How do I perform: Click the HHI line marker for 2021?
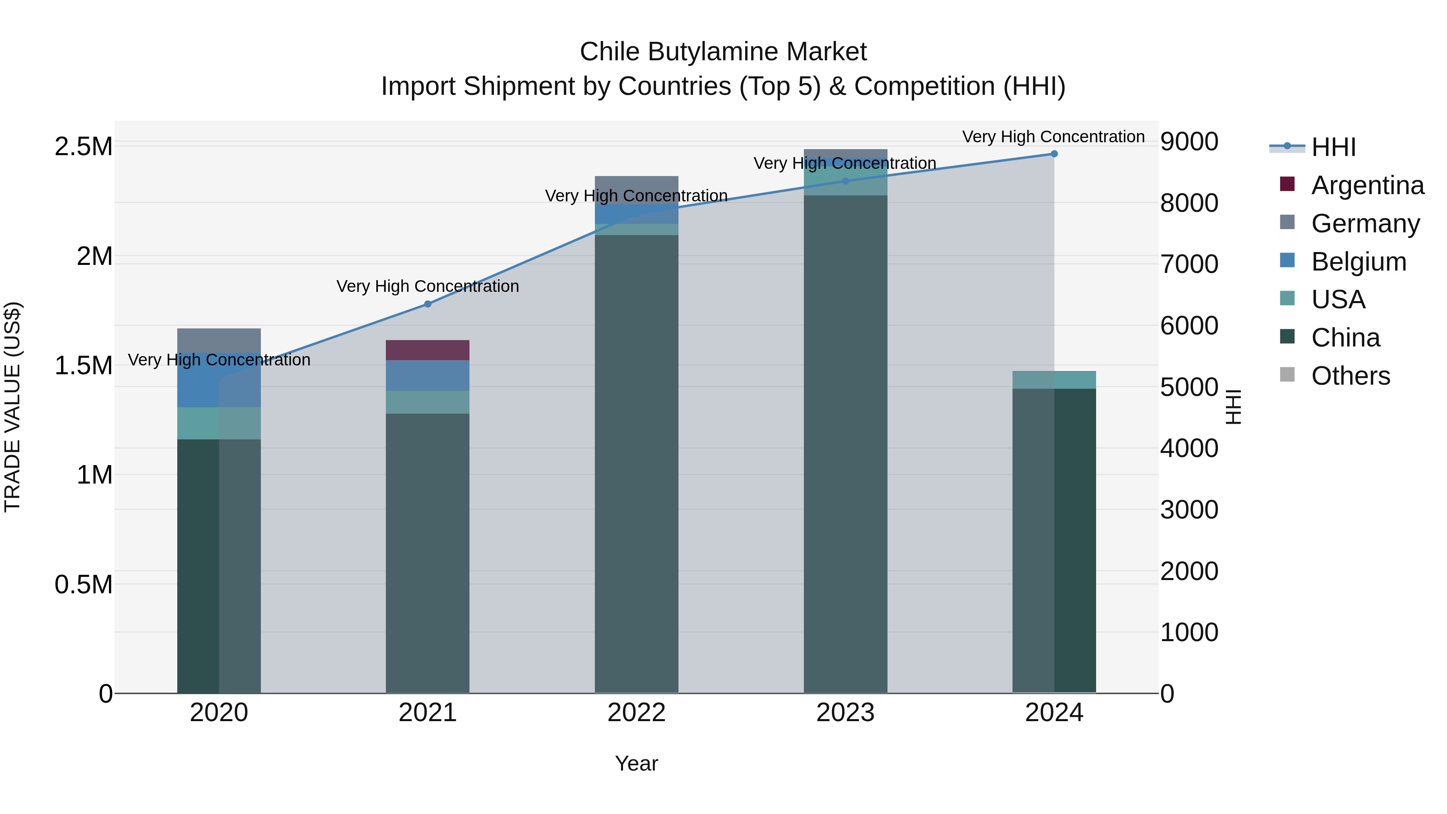tap(428, 304)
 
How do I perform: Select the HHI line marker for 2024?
tap(1054, 154)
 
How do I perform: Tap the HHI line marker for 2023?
tap(845, 181)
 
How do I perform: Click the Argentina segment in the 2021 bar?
tap(428, 350)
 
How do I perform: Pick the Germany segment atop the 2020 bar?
tap(219, 340)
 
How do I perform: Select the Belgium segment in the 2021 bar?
tap(428, 375)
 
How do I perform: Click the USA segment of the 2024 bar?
tap(1054, 380)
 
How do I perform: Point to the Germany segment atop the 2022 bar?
tap(636, 185)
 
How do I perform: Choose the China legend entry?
tap(1345, 338)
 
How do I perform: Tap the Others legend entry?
tap(1351, 376)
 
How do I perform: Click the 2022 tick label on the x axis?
tap(636, 713)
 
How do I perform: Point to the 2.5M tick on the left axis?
tap(83, 147)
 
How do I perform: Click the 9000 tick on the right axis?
tap(1189, 141)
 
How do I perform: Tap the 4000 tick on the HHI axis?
tap(1189, 448)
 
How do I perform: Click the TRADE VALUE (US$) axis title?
tap(12, 407)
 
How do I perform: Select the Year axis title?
tap(636, 763)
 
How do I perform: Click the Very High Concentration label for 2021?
tap(428, 287)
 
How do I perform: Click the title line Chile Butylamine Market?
tap(723, 52)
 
